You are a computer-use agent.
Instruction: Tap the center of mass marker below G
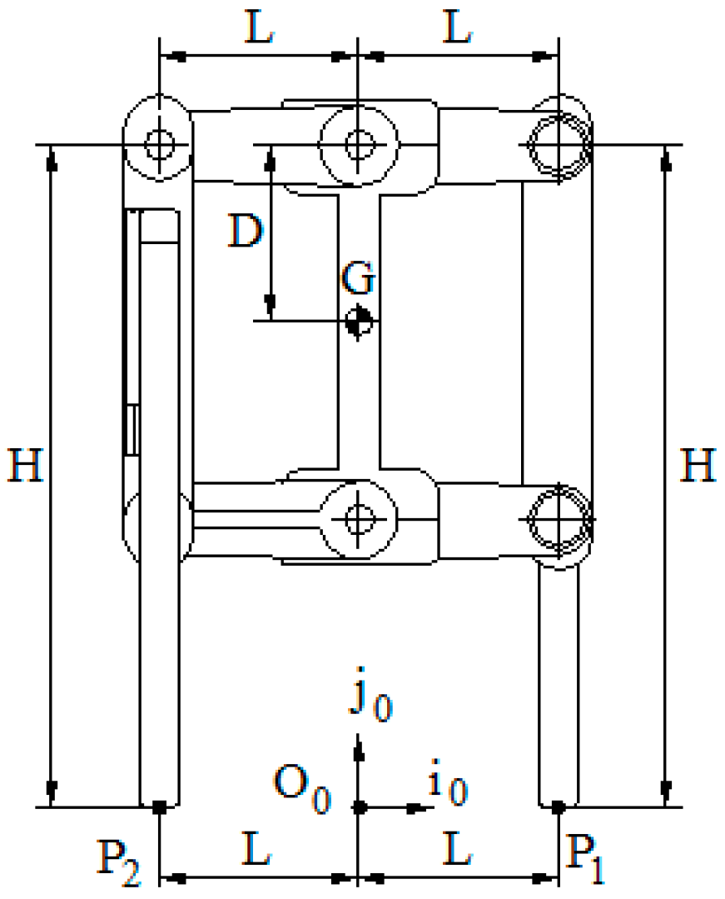point(359,321)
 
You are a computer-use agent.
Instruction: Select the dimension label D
point(246,232)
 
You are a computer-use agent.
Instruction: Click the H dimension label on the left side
point(26,466)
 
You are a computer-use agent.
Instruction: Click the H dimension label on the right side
point(698,466)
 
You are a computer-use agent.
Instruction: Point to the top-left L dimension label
point(259,31)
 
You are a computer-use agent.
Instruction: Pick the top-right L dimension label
point(457,31)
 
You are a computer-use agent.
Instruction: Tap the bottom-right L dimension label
point(457,852)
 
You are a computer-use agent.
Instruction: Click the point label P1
point(588,861)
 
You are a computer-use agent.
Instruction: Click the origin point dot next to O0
point(359,807)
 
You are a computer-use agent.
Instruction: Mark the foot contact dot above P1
point(559,807)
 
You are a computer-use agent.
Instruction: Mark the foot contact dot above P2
point(159,807)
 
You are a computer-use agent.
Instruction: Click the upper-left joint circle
point(159,144)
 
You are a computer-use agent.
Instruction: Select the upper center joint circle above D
point(359,144)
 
